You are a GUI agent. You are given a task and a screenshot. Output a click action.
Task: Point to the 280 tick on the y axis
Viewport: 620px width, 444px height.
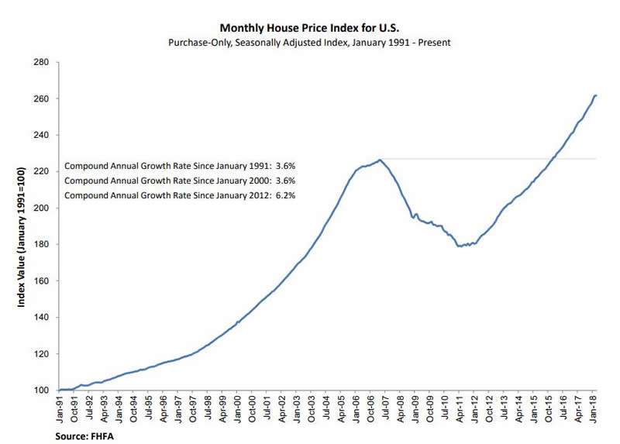pyautogui.click(x=42, y=62)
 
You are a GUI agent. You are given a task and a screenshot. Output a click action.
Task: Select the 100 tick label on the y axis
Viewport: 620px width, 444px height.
pyautogui.click(x=42, y=391)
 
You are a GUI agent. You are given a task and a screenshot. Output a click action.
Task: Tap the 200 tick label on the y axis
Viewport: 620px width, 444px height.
pyautogui.click(x=42, y=208)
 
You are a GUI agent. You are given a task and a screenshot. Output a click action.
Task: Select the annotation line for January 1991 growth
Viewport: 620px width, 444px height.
pyautogui.click(x=180, y=166)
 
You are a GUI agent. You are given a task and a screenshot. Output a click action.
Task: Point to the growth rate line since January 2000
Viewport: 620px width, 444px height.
pyautogui.click(x=180, y=181)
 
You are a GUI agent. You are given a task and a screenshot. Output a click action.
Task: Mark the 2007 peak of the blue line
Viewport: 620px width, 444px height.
pyautogui.click(x=380, y=160)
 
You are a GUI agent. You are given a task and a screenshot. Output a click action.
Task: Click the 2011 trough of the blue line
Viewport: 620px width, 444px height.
pyautogui.click(x=460, y=246)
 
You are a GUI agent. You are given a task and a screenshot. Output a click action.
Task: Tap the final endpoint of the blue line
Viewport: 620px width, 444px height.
pyautogui.click(x=595, y=95)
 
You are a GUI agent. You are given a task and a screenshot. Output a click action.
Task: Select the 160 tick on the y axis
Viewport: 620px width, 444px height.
pyautogui.click(x=42, y=281)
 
